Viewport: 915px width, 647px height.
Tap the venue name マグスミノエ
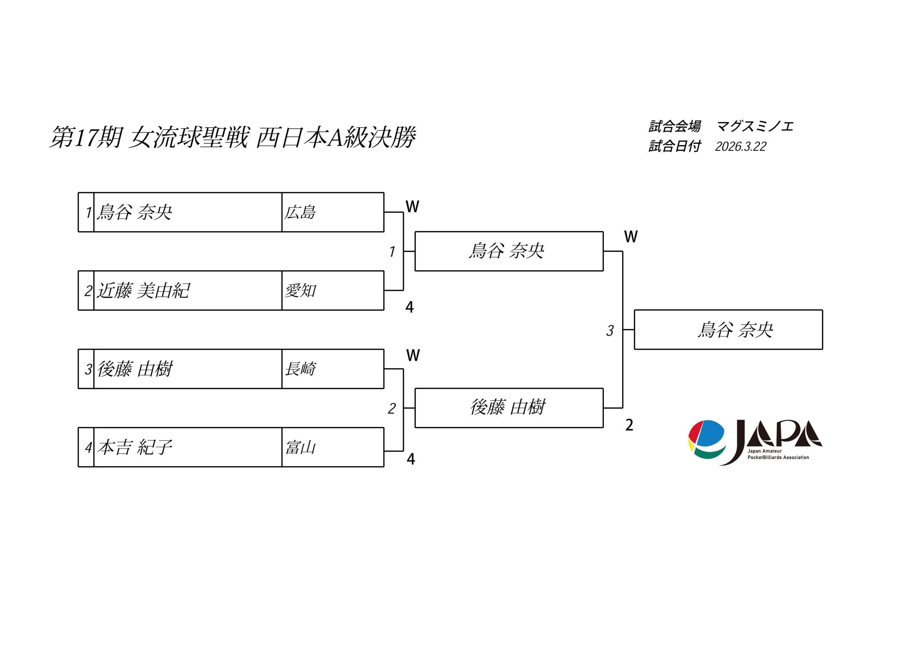pyautogui.click(x=755, y=127)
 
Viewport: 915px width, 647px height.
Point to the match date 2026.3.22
pyautogui.click(x=741, y=146)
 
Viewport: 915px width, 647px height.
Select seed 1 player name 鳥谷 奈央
pyautogui.click(x=135, y=212)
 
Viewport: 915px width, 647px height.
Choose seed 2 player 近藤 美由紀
pyautogui.click(x=143, y=290)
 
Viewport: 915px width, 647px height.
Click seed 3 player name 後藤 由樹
pyautogui.click(x=135, y=369)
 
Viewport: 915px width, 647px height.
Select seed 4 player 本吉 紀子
pyautogui.click(x=135, y=447)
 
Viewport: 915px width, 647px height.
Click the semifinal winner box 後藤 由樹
pyautogui.click(x=509, y=408)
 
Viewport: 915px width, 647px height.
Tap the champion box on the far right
pyautogui.click(x=728, y=330)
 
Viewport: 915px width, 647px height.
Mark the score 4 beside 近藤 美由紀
pyautogui.click(x=409, y=307)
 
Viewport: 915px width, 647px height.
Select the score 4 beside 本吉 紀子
pyautogui.click(x=410, y=459)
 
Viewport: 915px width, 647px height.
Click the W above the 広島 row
pyautogui.click(x=412, y=207)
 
